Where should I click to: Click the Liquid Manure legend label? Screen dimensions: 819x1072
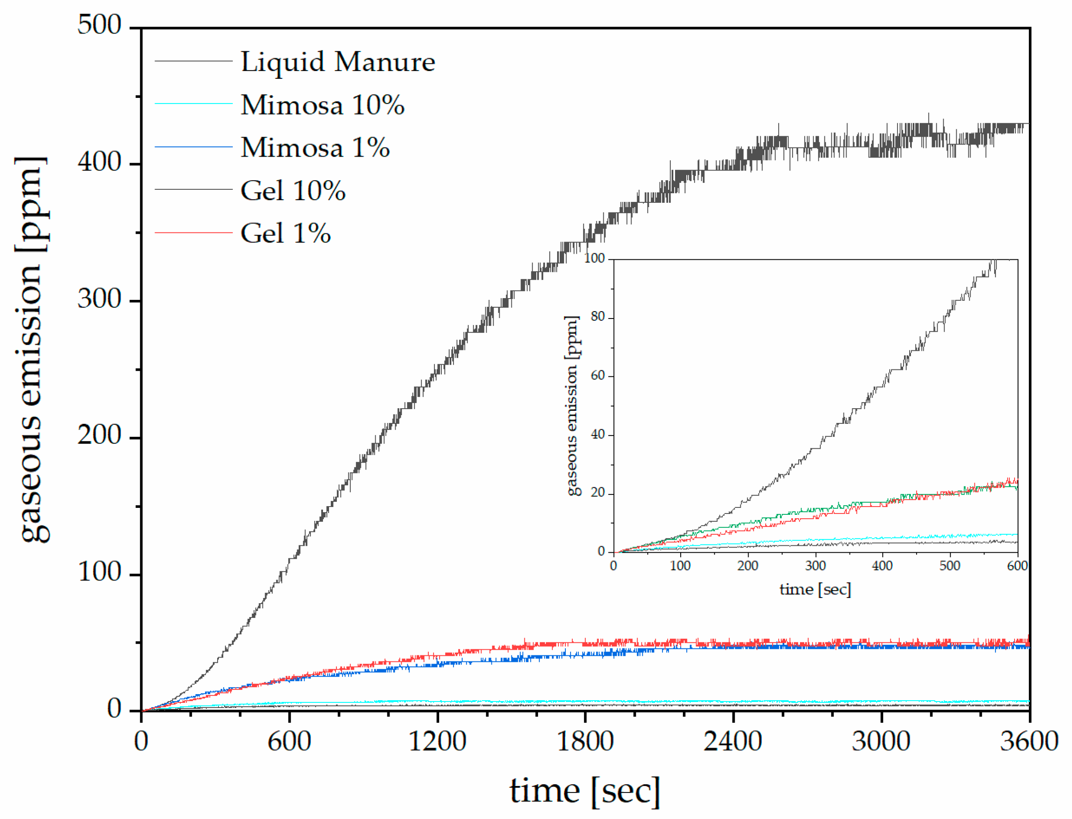(337, 62)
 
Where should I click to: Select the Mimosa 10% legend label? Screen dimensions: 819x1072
(322, 105)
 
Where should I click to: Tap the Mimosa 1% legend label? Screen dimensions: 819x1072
(315, 147)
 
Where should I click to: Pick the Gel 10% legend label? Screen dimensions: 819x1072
(292, 190)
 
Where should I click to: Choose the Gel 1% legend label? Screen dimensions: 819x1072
(285, 233)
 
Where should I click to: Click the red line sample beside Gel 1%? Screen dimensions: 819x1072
(193, 233)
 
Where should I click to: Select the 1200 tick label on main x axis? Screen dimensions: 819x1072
(437, 742)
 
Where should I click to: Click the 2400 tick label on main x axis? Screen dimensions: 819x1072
(732, 742)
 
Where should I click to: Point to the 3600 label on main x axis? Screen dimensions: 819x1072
(1028, 742)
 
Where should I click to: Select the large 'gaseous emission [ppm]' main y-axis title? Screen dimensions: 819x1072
(32, 349)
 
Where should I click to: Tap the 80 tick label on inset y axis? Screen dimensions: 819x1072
(597, 317)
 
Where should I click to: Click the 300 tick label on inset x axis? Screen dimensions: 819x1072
(815, 566)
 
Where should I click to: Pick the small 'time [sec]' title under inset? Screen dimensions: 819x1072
(815, 589)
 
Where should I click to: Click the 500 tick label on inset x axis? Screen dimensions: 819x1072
(949, 566)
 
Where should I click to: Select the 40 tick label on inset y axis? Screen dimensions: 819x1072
(597, 434)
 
